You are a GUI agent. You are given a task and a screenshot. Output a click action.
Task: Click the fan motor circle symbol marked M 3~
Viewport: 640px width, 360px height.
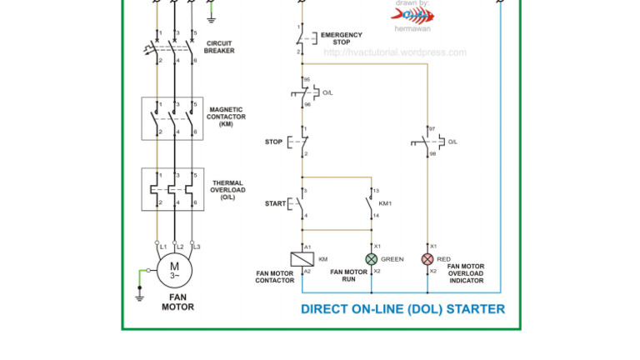pyautogui.click(x=175, y=270)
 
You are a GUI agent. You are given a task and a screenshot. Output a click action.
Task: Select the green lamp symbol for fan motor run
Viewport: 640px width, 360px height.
pyautogui.click(x=372, y=259)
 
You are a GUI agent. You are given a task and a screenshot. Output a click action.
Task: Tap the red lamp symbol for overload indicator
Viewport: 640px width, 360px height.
pyautogui.click(x=427, y=259)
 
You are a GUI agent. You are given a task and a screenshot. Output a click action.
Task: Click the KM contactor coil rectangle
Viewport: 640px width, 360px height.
pyautogui.click(x=301, y=259)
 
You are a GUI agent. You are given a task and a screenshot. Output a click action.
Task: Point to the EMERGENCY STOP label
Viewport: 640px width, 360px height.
pyautogui.click(x=342, y=38)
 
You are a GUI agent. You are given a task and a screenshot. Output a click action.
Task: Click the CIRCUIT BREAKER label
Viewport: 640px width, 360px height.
pyautogui.click(x=219, y=47)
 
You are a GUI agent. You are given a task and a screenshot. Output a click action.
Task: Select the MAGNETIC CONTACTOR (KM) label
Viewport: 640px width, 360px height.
pyautogui.click(x=226, y=117)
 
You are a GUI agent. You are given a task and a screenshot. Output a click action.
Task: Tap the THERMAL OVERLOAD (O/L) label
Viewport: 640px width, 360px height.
pyautogui.click(x=227, y=190)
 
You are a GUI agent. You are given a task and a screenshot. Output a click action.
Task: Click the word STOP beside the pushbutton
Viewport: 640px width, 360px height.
pyautogui.click(x=273, y=142)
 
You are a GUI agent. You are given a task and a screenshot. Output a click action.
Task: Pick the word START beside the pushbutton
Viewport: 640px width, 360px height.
pyautogui.click(x=275, y=203)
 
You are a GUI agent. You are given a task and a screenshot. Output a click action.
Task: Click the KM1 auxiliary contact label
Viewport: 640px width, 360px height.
pyautogui.click(x=385, y=203)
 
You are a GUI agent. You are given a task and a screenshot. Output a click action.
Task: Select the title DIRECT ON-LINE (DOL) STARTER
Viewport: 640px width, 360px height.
pyautogui.click(x=402, y=309)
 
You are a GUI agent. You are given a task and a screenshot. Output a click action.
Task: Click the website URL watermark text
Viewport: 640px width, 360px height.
pyautogui.click(x=395, y=52)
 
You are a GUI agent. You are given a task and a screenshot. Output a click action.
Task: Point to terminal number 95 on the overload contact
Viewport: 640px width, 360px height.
pyautogui.click(x=307, y=80)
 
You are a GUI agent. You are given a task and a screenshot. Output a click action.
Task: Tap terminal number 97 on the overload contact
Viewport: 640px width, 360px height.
pyautogui.click(x=432, y=129)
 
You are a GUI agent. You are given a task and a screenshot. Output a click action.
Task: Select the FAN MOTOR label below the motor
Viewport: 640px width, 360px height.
pyautogui.click(x=177, y=302)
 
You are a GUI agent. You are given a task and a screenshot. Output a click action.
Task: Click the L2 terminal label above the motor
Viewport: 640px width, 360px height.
pyautogui.click(x=179, y=247)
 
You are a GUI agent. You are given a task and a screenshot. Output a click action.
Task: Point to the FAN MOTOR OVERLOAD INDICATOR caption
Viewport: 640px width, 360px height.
pyautogui.click(x=466, y=273)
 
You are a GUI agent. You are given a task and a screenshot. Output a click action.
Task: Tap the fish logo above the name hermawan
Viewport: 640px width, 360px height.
pyautogui.click(x=412, y=14)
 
